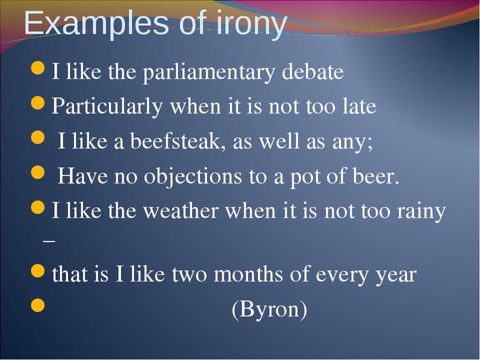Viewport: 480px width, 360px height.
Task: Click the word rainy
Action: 421,212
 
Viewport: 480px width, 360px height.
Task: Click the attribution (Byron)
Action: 269,309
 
